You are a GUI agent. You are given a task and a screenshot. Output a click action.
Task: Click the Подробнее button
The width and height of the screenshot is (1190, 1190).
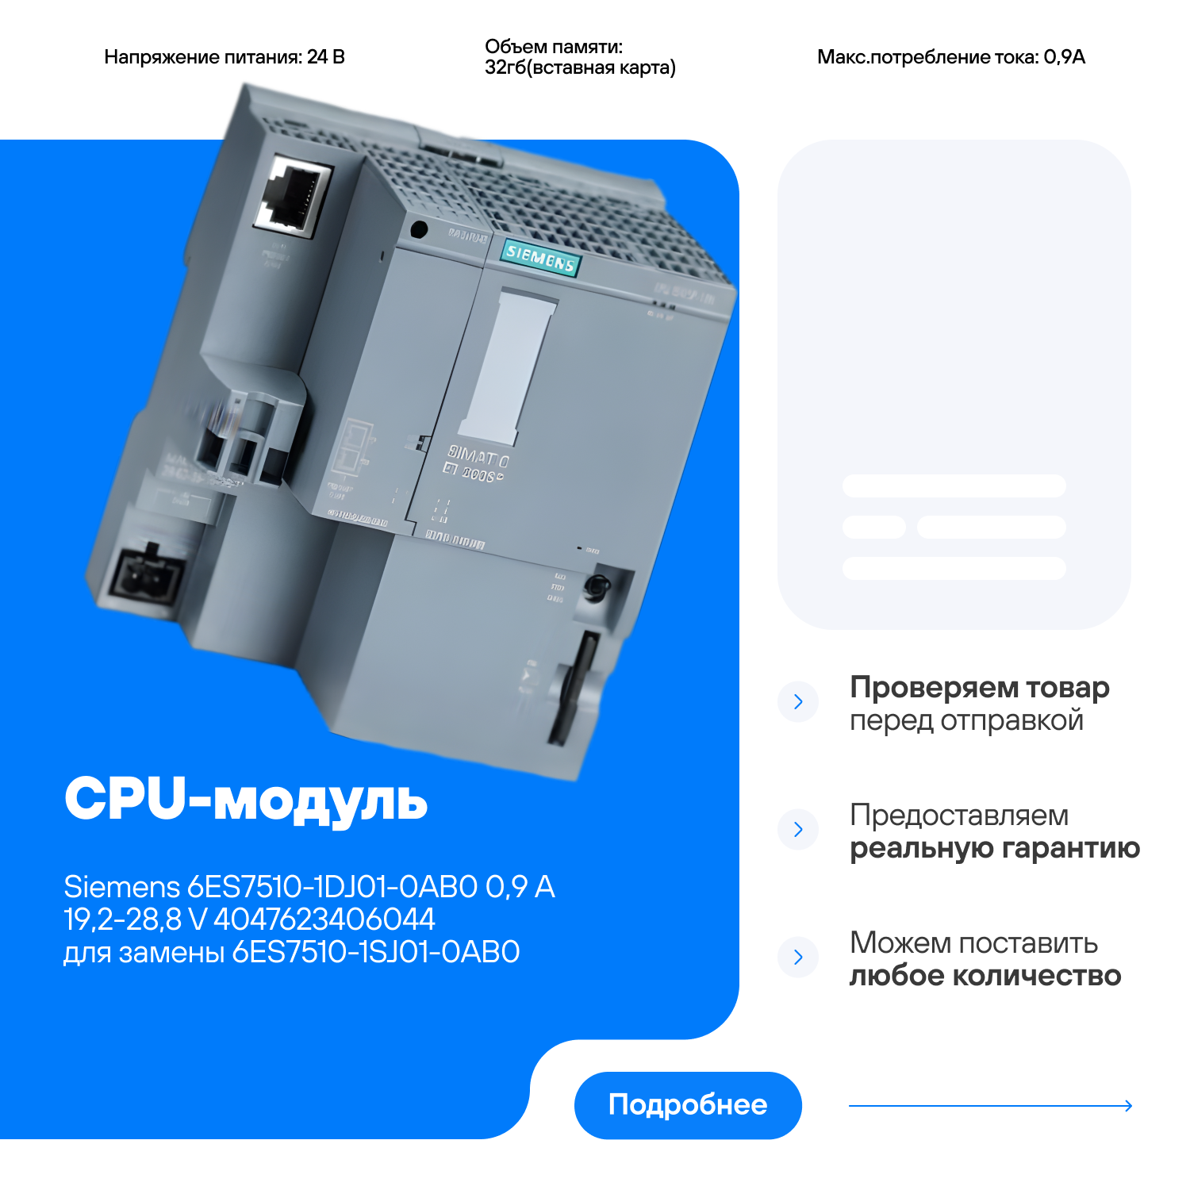pos(687,1104)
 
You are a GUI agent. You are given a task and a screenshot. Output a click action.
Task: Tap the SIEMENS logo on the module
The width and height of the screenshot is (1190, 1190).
pos(539,258)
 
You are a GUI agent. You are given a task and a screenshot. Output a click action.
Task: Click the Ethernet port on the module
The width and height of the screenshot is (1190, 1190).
pos(293,194)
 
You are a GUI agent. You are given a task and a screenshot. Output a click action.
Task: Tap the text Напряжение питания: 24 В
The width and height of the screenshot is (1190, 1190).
pos(225,57)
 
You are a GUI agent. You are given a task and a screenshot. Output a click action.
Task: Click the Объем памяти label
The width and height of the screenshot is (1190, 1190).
pos(554,47)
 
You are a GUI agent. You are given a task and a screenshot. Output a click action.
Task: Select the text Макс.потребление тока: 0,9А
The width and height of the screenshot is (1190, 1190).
pos(950,57)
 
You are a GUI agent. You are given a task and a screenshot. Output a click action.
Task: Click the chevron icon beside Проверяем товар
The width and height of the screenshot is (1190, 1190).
pos(798,701)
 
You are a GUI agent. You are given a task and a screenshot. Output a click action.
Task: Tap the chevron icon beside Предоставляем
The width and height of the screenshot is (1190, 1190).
pos(798,829)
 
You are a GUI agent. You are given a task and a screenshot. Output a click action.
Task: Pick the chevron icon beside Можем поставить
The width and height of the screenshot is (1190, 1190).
pos(798,957)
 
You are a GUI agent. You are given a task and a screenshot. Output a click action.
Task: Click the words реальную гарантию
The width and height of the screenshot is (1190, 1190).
pos(994,848)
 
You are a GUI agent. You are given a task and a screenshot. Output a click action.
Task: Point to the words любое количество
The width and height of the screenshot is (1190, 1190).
pos(985,976)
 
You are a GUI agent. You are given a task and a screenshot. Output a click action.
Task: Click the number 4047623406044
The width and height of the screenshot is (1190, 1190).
pos(324,919)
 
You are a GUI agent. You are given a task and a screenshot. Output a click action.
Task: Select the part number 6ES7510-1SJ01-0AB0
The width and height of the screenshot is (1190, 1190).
pos(375,952)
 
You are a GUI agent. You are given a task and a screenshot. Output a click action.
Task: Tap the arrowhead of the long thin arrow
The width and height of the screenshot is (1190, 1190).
pos(1128,1105)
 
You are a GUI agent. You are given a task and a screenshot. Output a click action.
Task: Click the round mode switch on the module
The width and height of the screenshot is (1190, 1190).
pos(595,587)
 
